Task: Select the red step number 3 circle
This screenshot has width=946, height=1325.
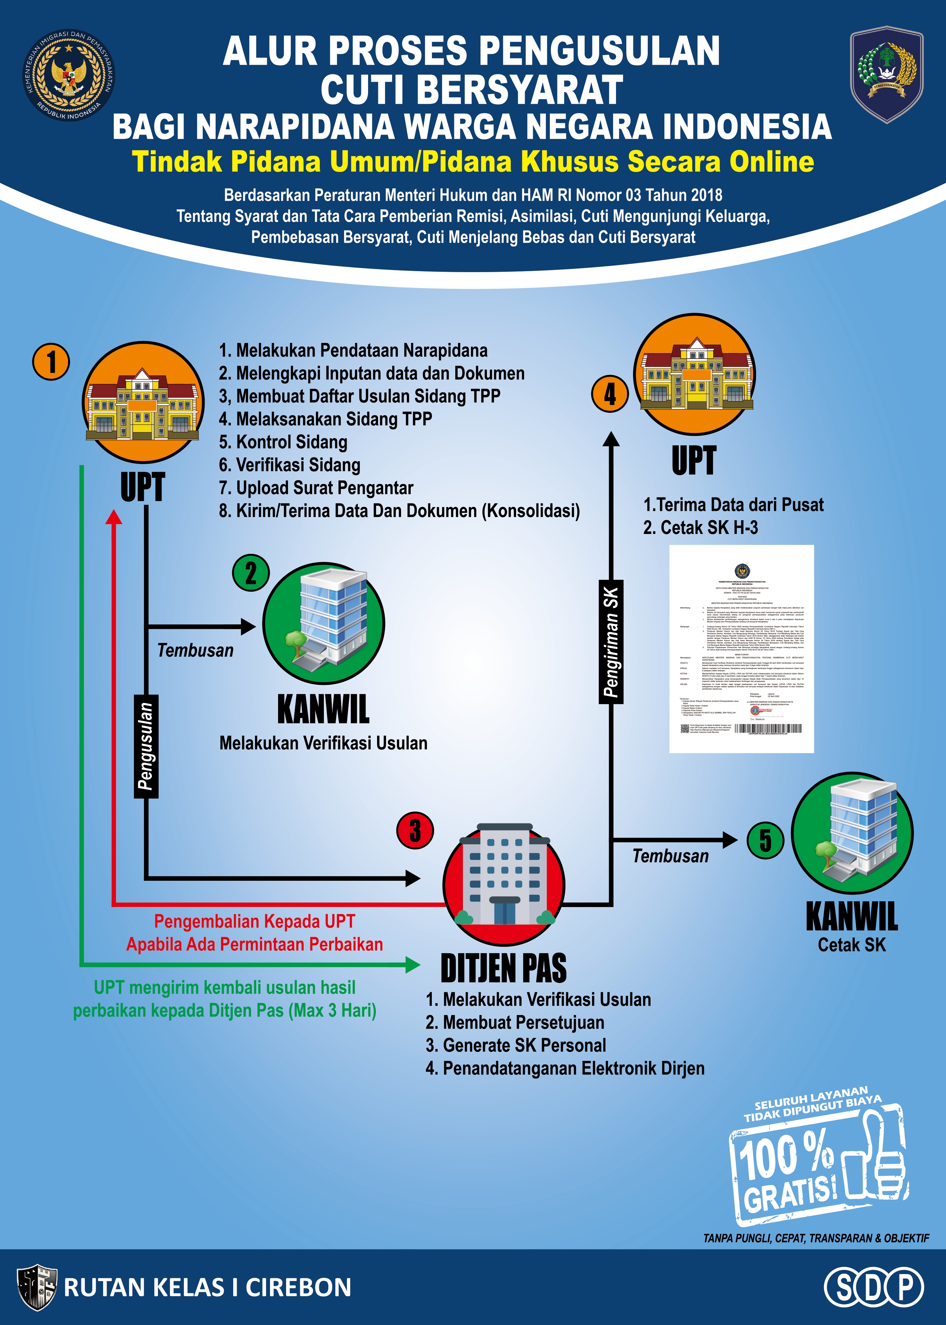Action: pyautogui.click(x=415, y=831)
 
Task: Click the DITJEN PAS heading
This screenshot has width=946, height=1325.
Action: pyautogui.click(x=503, y=968)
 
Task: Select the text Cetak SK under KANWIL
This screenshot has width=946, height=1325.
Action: pyautogui.click(x=851, y=945)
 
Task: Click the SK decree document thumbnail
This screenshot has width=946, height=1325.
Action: pyautogui.click(x=741, y=648)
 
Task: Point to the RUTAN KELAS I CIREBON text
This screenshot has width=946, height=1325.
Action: pyautogui.click(x=207, y=1288)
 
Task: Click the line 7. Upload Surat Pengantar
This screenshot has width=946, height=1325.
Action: pyautogui.click(x=316, y=488)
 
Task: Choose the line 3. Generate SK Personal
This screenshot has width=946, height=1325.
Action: pyautogui.click(x=515, y=1045)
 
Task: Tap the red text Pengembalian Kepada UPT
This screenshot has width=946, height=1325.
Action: pyautogui.click(x=255, y=921)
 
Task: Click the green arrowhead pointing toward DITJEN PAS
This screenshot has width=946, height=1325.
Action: pyautogui.click(x=412, y=964)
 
